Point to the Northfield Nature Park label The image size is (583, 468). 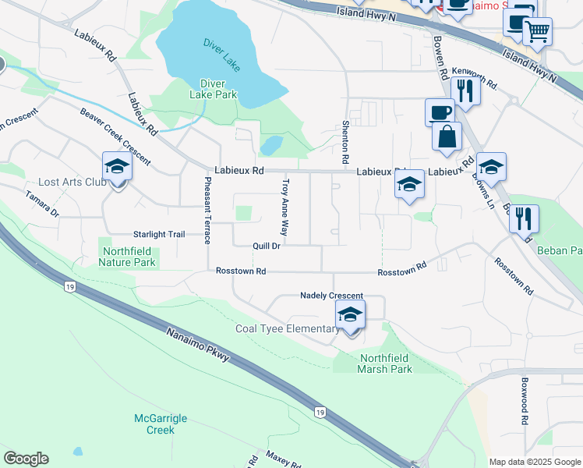coord(127,257)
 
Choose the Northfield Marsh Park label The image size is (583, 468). coord(385,363)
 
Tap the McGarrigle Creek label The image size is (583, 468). coord(161,424)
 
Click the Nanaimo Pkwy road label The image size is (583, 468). coord(198,345)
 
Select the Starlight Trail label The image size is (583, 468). coord(159,234)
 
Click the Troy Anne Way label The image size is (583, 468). coord(285,207)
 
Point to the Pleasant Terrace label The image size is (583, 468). coord(207,211)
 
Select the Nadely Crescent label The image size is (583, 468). coord(332,296)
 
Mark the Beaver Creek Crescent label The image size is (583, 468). coord(115,134)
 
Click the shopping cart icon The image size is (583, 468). coord(537,33)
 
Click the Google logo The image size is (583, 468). coord(26,459)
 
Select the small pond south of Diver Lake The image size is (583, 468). coord(271,145)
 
